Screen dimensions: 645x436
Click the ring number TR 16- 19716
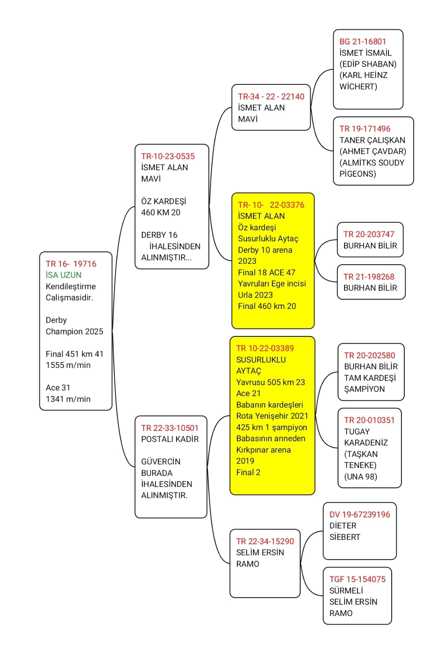71,264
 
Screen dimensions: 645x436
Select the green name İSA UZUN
64,275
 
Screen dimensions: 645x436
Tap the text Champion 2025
74,332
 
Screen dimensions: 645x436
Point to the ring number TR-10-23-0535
168,156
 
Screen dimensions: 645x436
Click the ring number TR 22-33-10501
170,428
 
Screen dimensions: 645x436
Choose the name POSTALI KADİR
170,439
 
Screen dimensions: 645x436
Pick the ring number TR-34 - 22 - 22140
271,96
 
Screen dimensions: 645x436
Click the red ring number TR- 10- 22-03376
271,205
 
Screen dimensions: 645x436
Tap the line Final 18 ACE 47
266,273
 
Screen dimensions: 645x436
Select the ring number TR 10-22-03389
265,348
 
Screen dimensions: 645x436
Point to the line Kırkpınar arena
263,450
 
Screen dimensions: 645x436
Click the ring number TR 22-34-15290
265,541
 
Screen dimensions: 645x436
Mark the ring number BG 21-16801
362,42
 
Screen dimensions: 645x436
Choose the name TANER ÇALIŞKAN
372,140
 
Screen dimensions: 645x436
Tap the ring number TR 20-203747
369,234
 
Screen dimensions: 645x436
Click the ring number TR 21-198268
369,277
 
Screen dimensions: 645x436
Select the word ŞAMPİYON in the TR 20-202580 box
364,389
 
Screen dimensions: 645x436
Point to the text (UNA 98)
360,477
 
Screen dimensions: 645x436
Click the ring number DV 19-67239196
359,515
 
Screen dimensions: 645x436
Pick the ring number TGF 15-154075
357,579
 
